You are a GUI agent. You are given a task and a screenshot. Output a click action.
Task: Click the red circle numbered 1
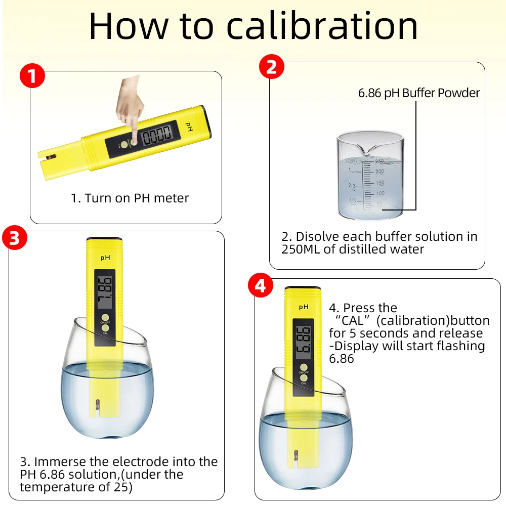click(x=32, y=77)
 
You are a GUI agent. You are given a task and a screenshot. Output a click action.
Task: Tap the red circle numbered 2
click(x=271, y=67)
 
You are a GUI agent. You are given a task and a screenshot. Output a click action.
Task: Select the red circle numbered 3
click(x=15, y=238)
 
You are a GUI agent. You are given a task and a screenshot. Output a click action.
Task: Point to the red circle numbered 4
click(x=260, y=286)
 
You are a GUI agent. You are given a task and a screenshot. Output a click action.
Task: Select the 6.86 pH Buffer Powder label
click(x=418, y=93)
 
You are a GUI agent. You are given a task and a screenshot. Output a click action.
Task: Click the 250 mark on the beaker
click(x=379, y=161)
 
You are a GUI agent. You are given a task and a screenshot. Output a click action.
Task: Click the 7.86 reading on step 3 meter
click(x=105, y=293)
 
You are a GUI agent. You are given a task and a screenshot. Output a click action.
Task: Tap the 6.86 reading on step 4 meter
click(x=304, y=343)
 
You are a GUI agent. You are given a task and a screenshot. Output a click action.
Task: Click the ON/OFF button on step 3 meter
click(x=105, y=318)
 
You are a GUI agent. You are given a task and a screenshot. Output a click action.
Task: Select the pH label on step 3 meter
click(x=105, y=258)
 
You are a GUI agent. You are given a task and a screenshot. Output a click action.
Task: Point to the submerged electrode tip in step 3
click(x=96, y=405)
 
